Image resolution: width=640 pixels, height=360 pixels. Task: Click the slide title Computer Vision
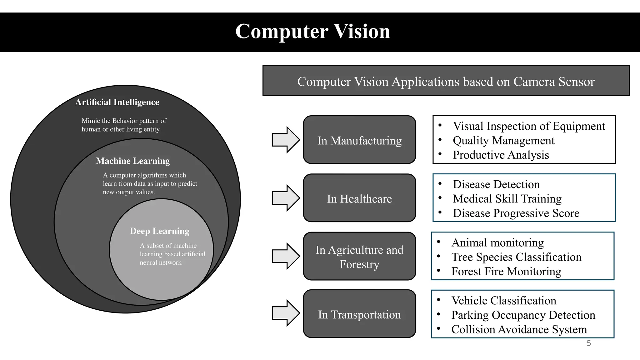coord(312,32)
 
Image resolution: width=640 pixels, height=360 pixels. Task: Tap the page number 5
coord(589,343)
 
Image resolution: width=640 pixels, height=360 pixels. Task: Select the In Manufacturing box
coord(359,140)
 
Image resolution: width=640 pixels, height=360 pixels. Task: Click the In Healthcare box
coord(359,198)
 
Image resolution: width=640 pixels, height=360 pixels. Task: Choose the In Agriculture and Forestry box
coord(359,256)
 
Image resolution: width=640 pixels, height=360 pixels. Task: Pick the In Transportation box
coord(359,314)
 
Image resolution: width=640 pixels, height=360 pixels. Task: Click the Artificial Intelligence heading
coord(117,102)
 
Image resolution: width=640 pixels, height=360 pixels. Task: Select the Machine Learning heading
coord(133,161)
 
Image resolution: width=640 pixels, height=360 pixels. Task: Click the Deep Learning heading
coord(159,231)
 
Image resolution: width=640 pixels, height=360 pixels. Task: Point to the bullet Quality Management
coord(503,141)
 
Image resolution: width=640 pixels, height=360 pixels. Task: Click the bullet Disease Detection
coord(496,184)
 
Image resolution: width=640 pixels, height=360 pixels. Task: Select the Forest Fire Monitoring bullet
coord(506,271)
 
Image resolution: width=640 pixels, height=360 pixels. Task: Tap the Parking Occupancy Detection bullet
coord(523,315)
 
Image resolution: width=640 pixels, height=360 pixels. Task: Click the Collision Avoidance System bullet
coord(519,329)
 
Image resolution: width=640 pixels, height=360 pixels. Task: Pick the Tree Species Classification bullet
coord(516,257)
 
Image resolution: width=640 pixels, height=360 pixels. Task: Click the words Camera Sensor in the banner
coord(554,82)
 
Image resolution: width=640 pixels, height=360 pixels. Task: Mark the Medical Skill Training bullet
coord(507,199)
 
